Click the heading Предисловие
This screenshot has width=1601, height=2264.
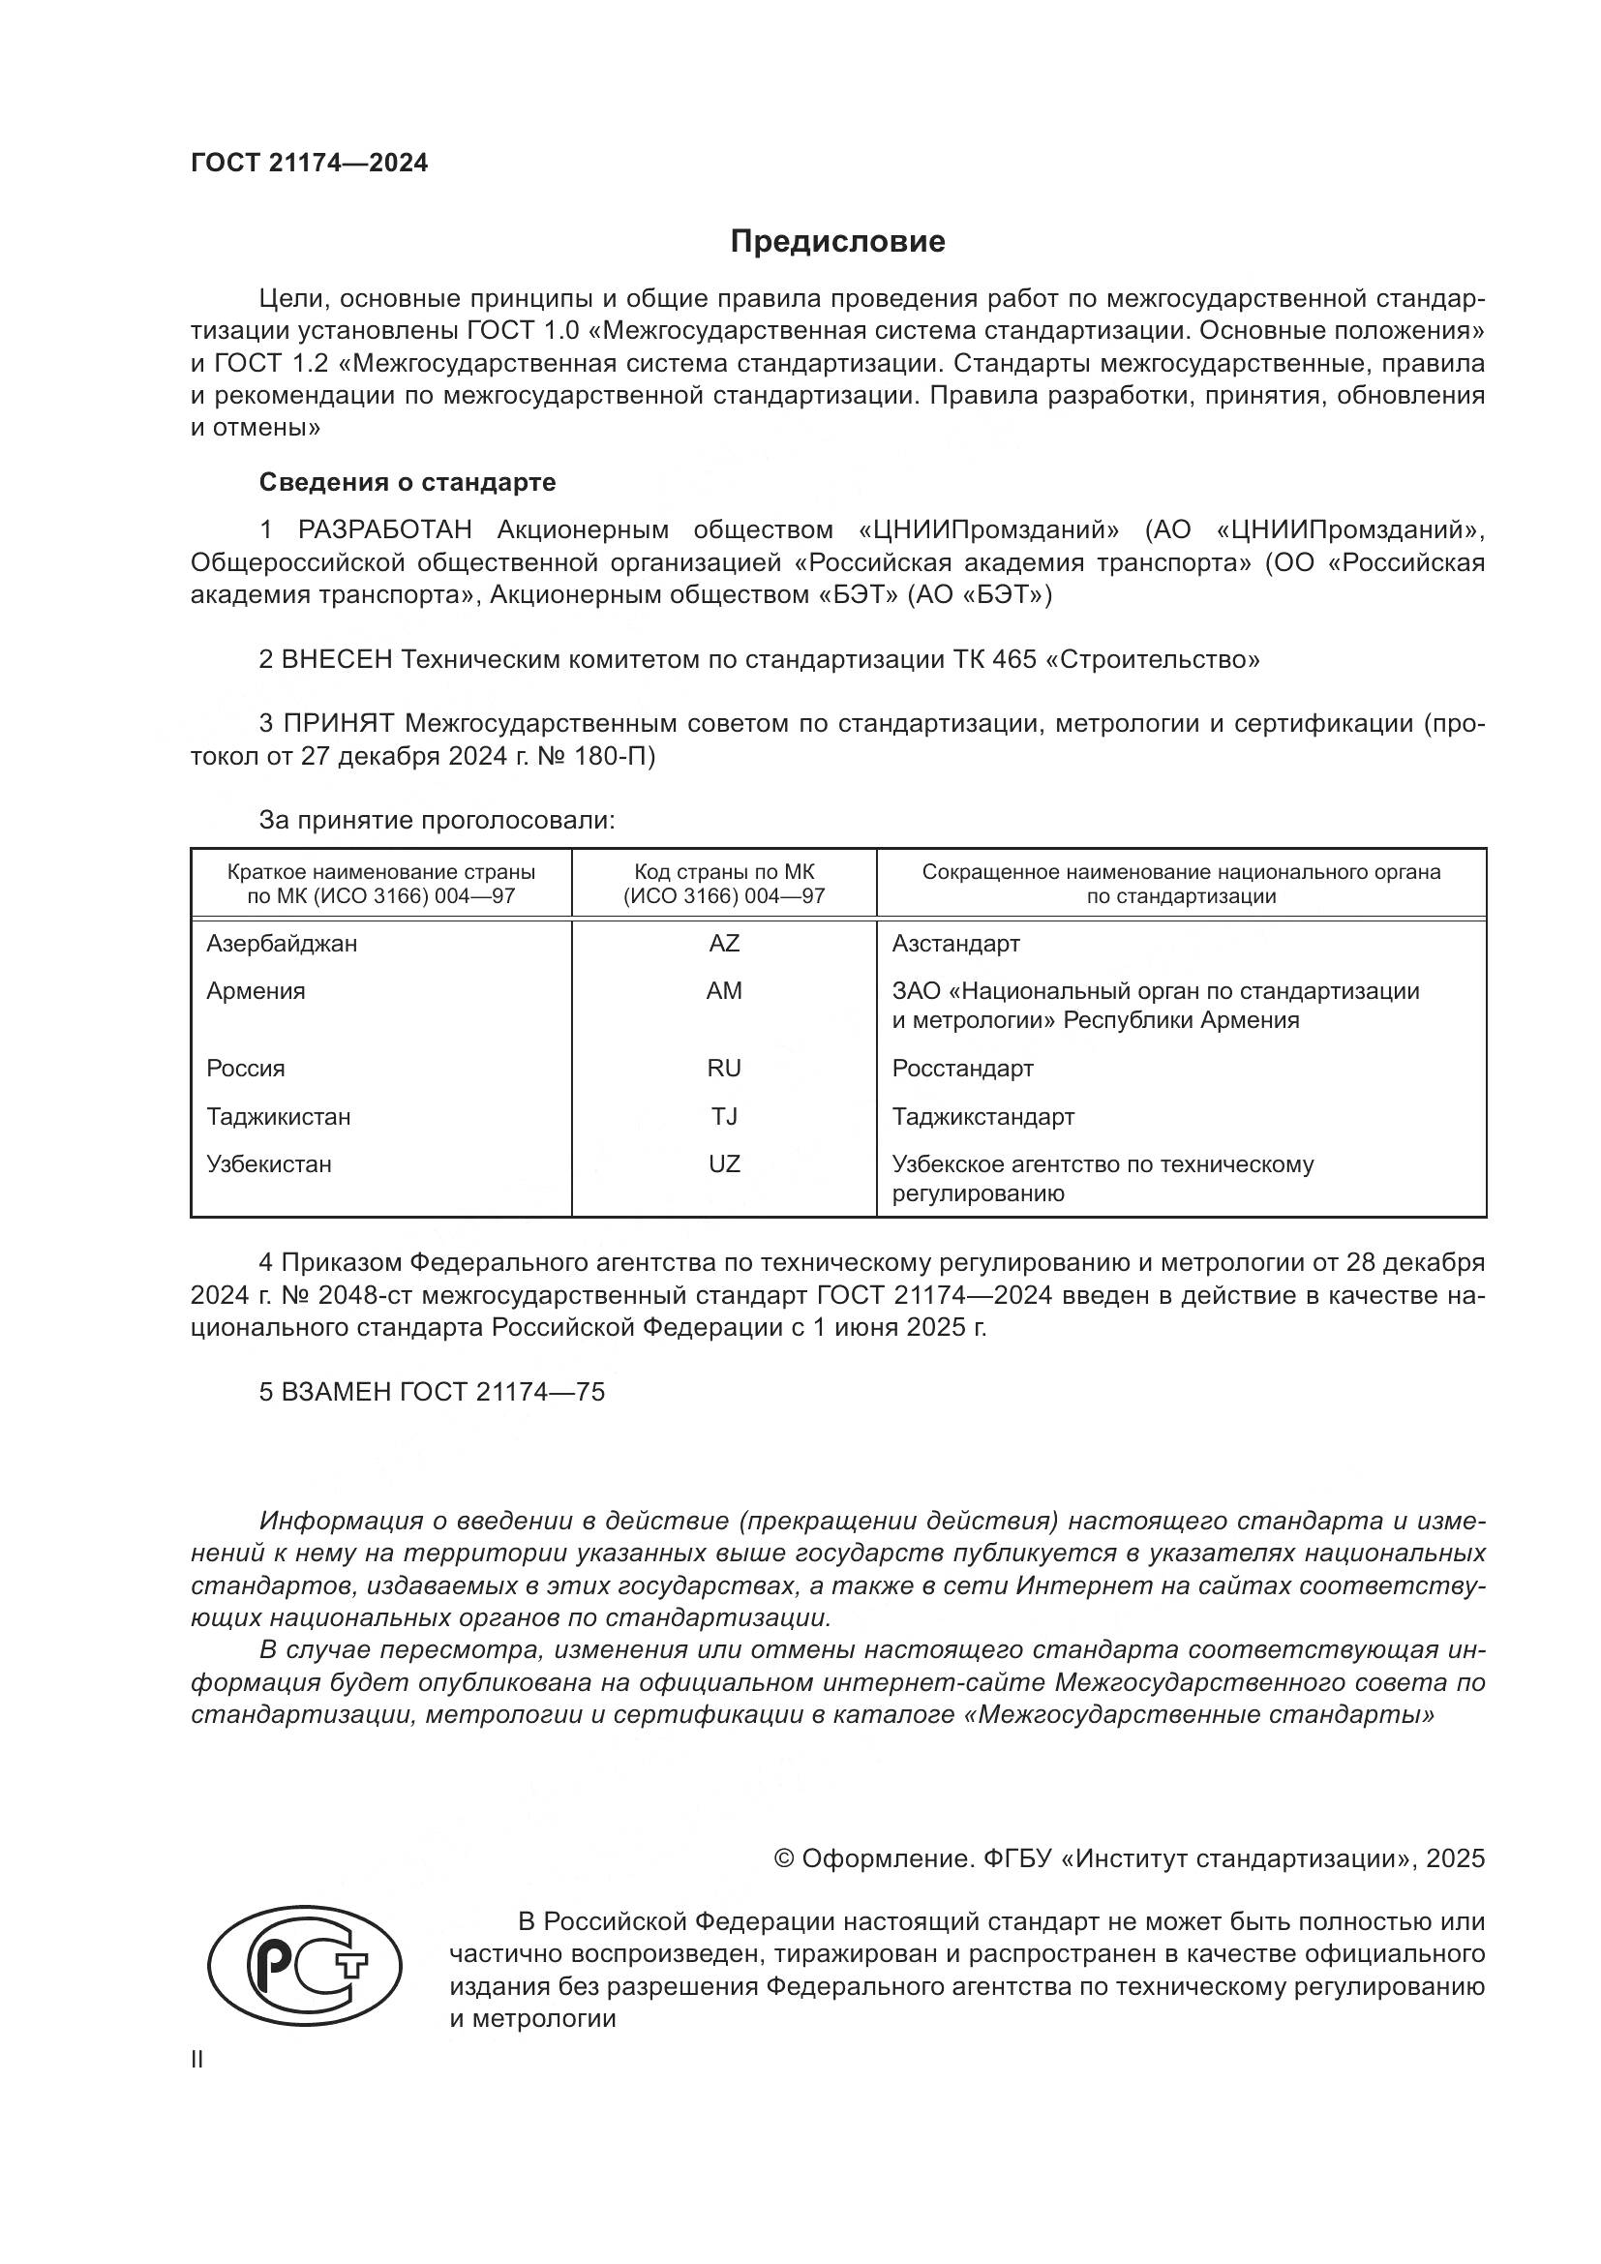(837, 242)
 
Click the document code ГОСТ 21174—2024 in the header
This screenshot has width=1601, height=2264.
(310, 164)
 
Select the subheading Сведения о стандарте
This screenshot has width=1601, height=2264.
(408, 482)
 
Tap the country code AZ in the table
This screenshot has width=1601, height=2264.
(724, 944)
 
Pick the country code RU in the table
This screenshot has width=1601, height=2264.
(724, 1068)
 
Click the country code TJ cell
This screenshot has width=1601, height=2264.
(724, 1116)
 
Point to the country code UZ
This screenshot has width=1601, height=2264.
(724, 1163)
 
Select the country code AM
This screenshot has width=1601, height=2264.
(724, 991)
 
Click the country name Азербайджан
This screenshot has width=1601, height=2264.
(282, 944)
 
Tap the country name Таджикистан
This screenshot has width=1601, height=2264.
(278, 1116)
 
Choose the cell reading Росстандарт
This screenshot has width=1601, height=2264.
(962, 1068)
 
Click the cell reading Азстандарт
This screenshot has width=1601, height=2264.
(955, 944)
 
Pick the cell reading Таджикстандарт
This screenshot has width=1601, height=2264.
(982, 1116)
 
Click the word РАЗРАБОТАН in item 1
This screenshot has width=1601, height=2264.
(384, 530)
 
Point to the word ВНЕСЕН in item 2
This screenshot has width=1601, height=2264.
(337, 659)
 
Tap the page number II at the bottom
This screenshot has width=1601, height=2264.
(197, 2060)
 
